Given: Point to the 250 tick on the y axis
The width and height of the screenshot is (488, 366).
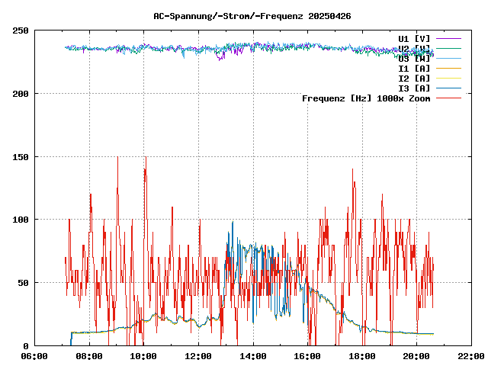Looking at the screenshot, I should coord(21,30).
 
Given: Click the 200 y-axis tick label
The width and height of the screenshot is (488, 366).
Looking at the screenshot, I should coord(21,94).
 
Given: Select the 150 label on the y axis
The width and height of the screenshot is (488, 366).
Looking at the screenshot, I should coord(21,157).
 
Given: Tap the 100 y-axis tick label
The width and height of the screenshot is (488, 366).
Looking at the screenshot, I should coord(21,220).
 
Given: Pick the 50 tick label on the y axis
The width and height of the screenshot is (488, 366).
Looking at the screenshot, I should coord(23,283).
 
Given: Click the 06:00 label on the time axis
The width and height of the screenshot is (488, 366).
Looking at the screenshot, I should coord(35,356).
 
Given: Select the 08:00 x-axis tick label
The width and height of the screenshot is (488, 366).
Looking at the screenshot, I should coord(89,356).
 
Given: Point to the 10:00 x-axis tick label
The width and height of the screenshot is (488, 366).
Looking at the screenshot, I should coord(144,356).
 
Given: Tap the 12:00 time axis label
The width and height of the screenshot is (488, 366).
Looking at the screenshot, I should coord(198,356).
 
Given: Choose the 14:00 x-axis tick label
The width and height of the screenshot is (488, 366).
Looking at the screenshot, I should coord(253,356).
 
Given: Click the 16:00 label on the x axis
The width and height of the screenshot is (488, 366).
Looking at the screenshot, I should coord(307,356).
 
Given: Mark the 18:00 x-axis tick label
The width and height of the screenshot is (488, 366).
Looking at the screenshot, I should coord(362,356).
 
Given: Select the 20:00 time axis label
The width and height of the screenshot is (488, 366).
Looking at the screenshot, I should coord(416,356).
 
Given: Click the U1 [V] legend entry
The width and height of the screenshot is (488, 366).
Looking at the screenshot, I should coord(414,38).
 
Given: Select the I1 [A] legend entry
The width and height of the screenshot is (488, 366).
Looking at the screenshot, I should coord(414,68).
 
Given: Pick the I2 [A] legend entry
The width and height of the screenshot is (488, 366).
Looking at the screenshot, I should coord(414,78).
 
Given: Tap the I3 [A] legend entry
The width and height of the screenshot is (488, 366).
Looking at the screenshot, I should coord(414,88).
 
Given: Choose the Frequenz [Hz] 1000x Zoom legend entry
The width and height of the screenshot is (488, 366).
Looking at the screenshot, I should coord(366,98).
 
